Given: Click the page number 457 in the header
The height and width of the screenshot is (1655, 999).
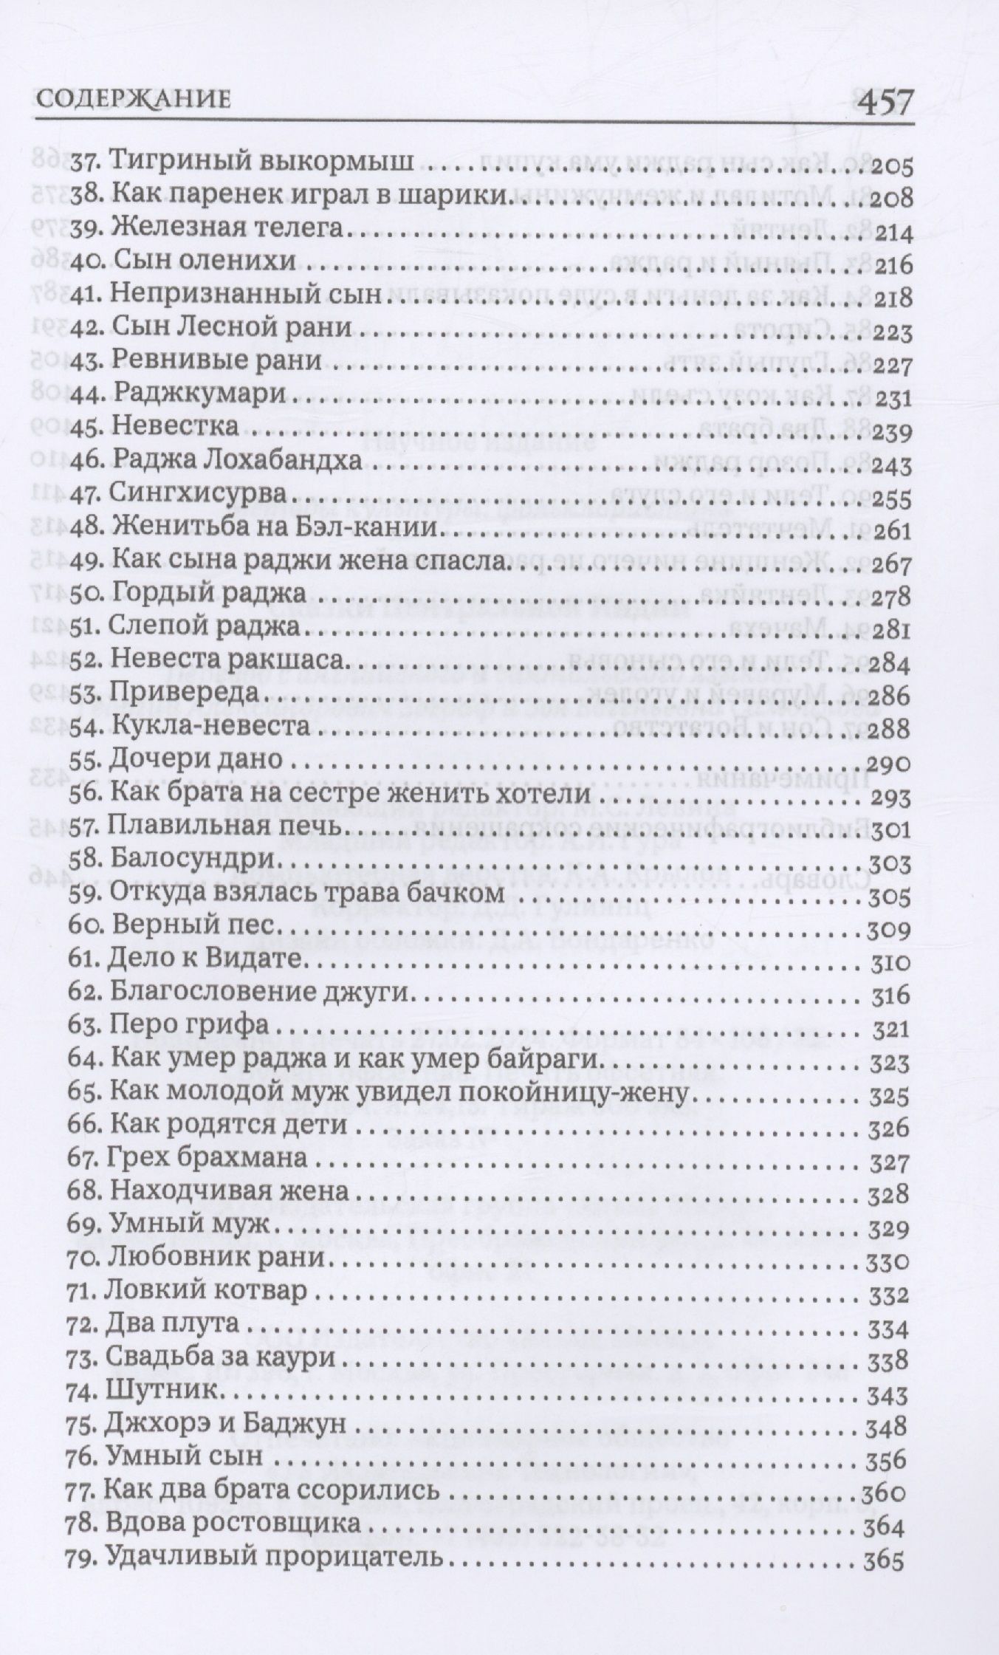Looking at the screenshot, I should click(x=875, y=97).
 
